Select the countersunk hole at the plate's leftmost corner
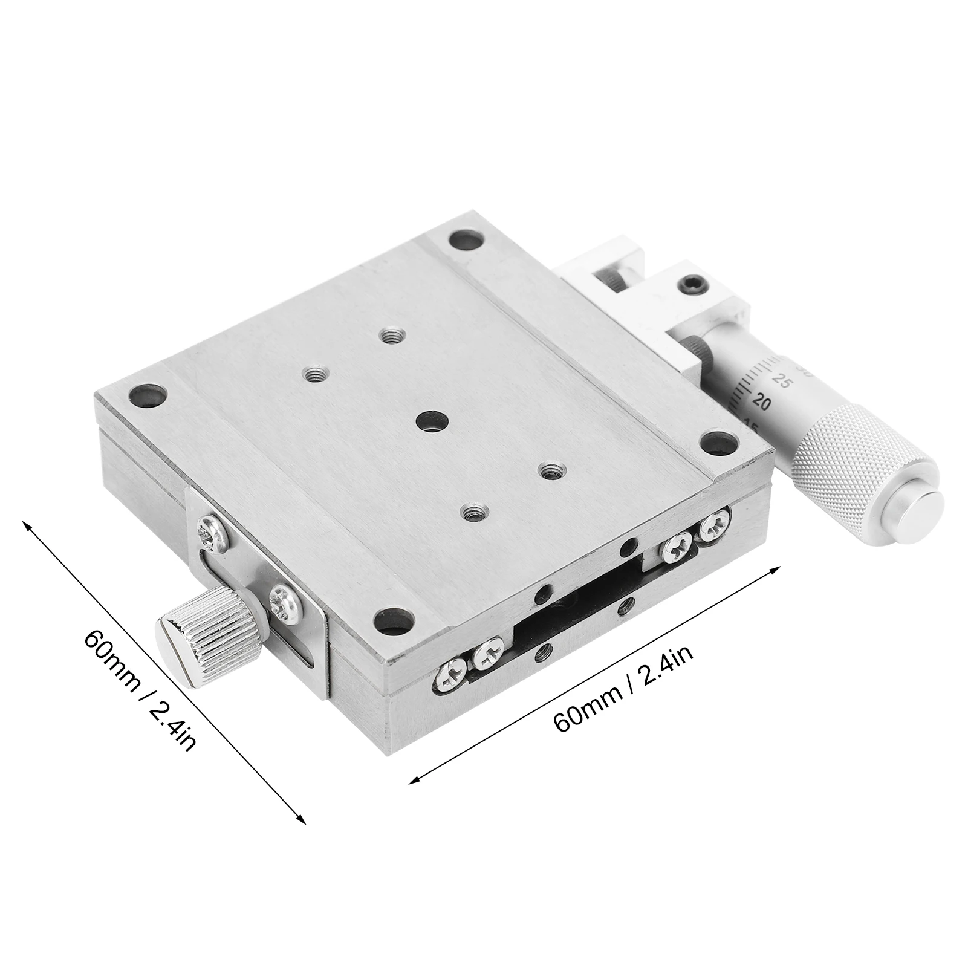[x=147, y=397]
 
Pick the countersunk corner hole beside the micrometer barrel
[x=718, y=441]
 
